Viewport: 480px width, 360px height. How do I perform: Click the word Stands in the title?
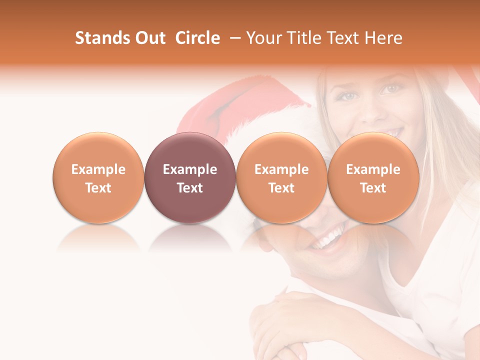point(98,38)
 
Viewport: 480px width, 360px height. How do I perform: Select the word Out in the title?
point(149,38)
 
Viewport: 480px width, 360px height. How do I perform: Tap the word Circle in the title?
point(197,38)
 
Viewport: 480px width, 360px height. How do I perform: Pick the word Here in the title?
point(384,38)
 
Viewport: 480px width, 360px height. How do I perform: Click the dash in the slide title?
point(233,38)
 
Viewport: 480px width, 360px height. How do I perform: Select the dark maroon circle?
point(190,177)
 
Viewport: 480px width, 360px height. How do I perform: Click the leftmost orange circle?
point(98,177)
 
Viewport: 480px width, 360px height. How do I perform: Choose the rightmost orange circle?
point(373,177)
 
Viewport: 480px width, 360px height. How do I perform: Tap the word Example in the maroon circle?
point(190,169)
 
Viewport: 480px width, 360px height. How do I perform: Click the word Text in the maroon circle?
point(190,188)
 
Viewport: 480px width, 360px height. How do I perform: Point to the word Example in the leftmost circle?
point(98,169)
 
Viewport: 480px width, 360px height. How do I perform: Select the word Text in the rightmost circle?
point(373,188)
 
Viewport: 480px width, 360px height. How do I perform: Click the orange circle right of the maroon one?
point(281,177)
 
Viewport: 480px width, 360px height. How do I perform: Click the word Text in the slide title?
point(343,38)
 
